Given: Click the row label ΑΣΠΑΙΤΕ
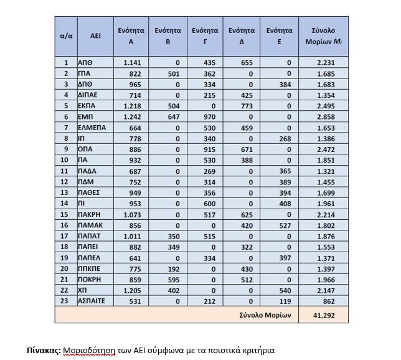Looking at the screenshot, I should coord(91,302).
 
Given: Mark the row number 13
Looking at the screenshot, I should coord(66,193).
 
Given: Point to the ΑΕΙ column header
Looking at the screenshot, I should coord(95,36).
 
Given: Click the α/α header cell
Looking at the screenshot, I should coord(66,36).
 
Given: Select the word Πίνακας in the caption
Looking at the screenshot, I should coord(44,350).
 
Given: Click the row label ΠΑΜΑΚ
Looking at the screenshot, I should coord(88,225).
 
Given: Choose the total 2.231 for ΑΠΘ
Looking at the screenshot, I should coord(321,62).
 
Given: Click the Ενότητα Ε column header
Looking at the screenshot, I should coord(280,36).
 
